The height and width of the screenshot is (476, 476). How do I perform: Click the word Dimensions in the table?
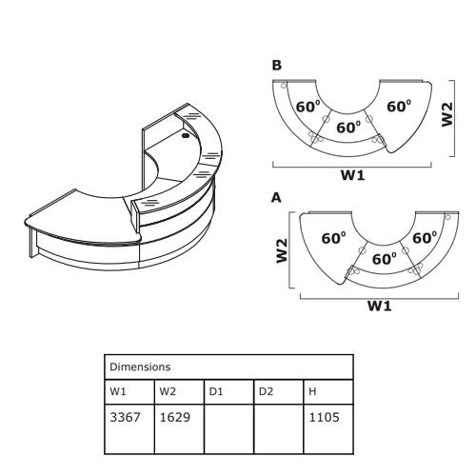coord(140,367)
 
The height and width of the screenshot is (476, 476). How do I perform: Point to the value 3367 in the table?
coord(125,417)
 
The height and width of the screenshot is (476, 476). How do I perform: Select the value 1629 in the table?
coord(175,417)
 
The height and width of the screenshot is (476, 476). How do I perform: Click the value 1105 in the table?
coord(325,417)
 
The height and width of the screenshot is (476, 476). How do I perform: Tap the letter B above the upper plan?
coord(277,65)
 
